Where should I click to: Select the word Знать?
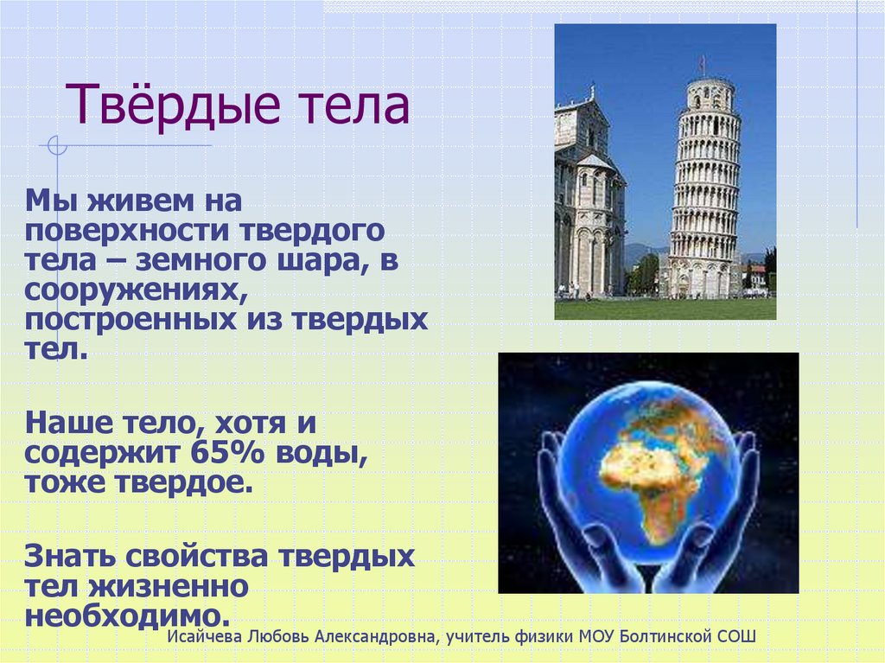click(69, 556)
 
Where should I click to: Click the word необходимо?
click(129, 615)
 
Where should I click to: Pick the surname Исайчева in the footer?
click(206, 637)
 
